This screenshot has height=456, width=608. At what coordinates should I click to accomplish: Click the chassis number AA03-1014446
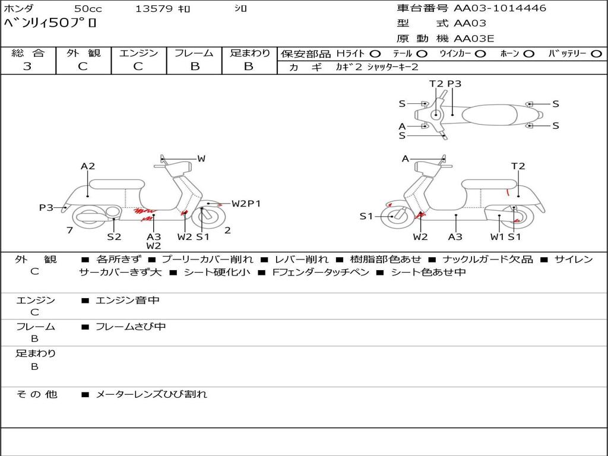[500, 8]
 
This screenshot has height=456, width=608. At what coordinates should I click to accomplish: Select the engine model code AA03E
[474, 39]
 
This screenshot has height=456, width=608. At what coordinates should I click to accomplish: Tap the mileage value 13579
[154, 9]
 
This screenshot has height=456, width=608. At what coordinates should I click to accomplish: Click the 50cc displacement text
[87, 9]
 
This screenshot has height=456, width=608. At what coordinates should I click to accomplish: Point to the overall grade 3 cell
[27, 66]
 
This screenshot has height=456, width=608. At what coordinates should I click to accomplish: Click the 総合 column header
[28, 53]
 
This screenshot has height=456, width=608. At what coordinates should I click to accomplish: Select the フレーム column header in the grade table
[194, 53]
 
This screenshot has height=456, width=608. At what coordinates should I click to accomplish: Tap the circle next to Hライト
[376, 53]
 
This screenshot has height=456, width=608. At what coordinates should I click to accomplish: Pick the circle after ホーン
[529, 53]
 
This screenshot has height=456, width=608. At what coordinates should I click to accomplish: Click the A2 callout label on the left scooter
[88, 166]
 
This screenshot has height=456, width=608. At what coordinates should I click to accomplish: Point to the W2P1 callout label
[246, 204]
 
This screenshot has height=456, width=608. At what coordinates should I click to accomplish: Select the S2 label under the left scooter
[114, 236]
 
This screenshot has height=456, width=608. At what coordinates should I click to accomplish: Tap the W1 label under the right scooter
[497, 236]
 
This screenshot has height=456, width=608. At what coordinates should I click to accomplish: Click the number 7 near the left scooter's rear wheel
[69, 230]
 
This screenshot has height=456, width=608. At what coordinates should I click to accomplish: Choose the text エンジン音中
[127, 300]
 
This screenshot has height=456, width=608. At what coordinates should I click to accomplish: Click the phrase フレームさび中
[131, 327]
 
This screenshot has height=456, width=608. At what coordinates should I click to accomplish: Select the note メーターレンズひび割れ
[151, 394]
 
